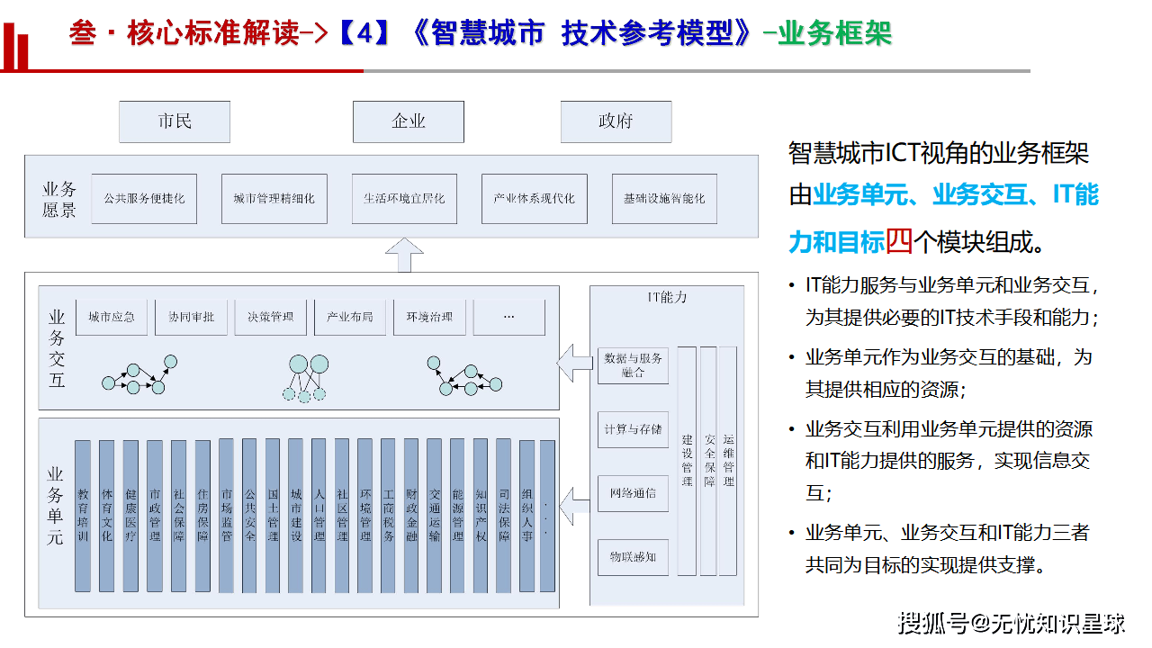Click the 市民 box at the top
175,121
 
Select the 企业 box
408,121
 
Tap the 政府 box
616,121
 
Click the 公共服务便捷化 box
144,199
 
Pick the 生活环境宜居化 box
404,199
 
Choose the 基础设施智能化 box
664,199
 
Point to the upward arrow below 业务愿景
404,256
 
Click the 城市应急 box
112,317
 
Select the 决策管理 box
270,317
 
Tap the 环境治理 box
429,317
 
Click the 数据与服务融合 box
633,364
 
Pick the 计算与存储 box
633,429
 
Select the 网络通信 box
633,493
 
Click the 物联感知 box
633,557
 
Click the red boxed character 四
899,242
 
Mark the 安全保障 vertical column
709,460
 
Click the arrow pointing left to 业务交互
574,364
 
